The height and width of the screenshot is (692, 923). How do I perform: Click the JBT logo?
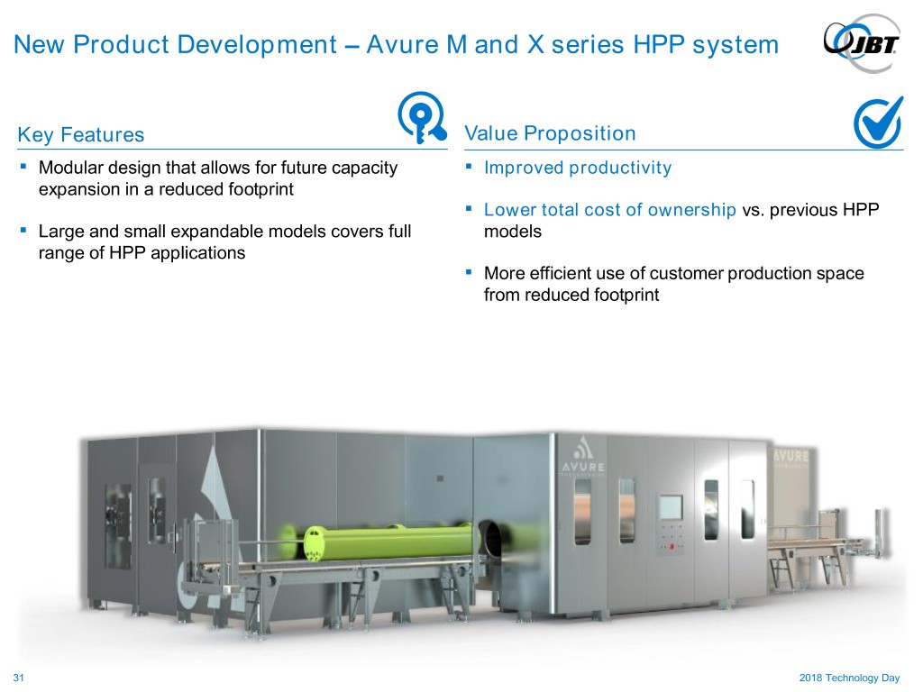click(x=863, y=43)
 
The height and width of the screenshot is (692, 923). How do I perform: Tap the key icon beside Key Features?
click(x=422, y=117)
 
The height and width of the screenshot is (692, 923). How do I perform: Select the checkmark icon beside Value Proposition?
click(x=878, y=123)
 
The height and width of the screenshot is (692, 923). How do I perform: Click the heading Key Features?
click(x=80, y=135)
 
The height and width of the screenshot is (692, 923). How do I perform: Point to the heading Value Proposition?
click(x=550, y=133)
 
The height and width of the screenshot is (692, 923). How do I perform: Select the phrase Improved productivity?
click(x=578, y=168)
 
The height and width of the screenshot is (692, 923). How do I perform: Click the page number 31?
click(x=18, y=678)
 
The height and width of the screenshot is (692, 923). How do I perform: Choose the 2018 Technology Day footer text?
click(x=849, y=678)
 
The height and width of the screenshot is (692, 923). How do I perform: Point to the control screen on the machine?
click(x=671, y=507)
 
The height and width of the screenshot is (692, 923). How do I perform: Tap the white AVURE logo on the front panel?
click(x=582, y=456)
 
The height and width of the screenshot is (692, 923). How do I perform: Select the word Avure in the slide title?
click(x=403, y=45)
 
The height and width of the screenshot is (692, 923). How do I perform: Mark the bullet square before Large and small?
click(x=23, y=230)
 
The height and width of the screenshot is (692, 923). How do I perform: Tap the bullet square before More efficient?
click(x=469, y=272)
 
